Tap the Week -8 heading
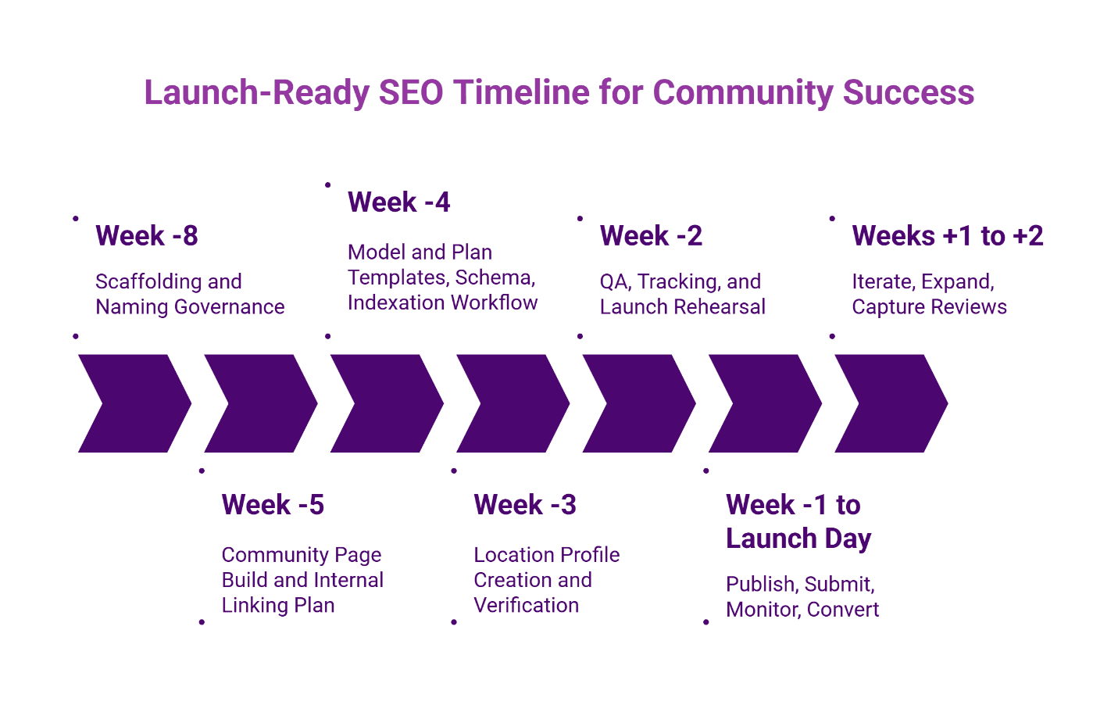[x=147, y=235]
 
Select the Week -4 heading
[x=398, y=202]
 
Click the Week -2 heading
[x=651, y=235]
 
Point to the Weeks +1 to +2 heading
[x=947, y=235]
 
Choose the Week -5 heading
[x=273, y=504]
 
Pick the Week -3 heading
[x=525, y=504]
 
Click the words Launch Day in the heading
[x=798, y=539]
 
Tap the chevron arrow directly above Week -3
[x=513, y=403]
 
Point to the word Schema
[x=494, y=277]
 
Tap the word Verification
[x=526, y=605]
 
